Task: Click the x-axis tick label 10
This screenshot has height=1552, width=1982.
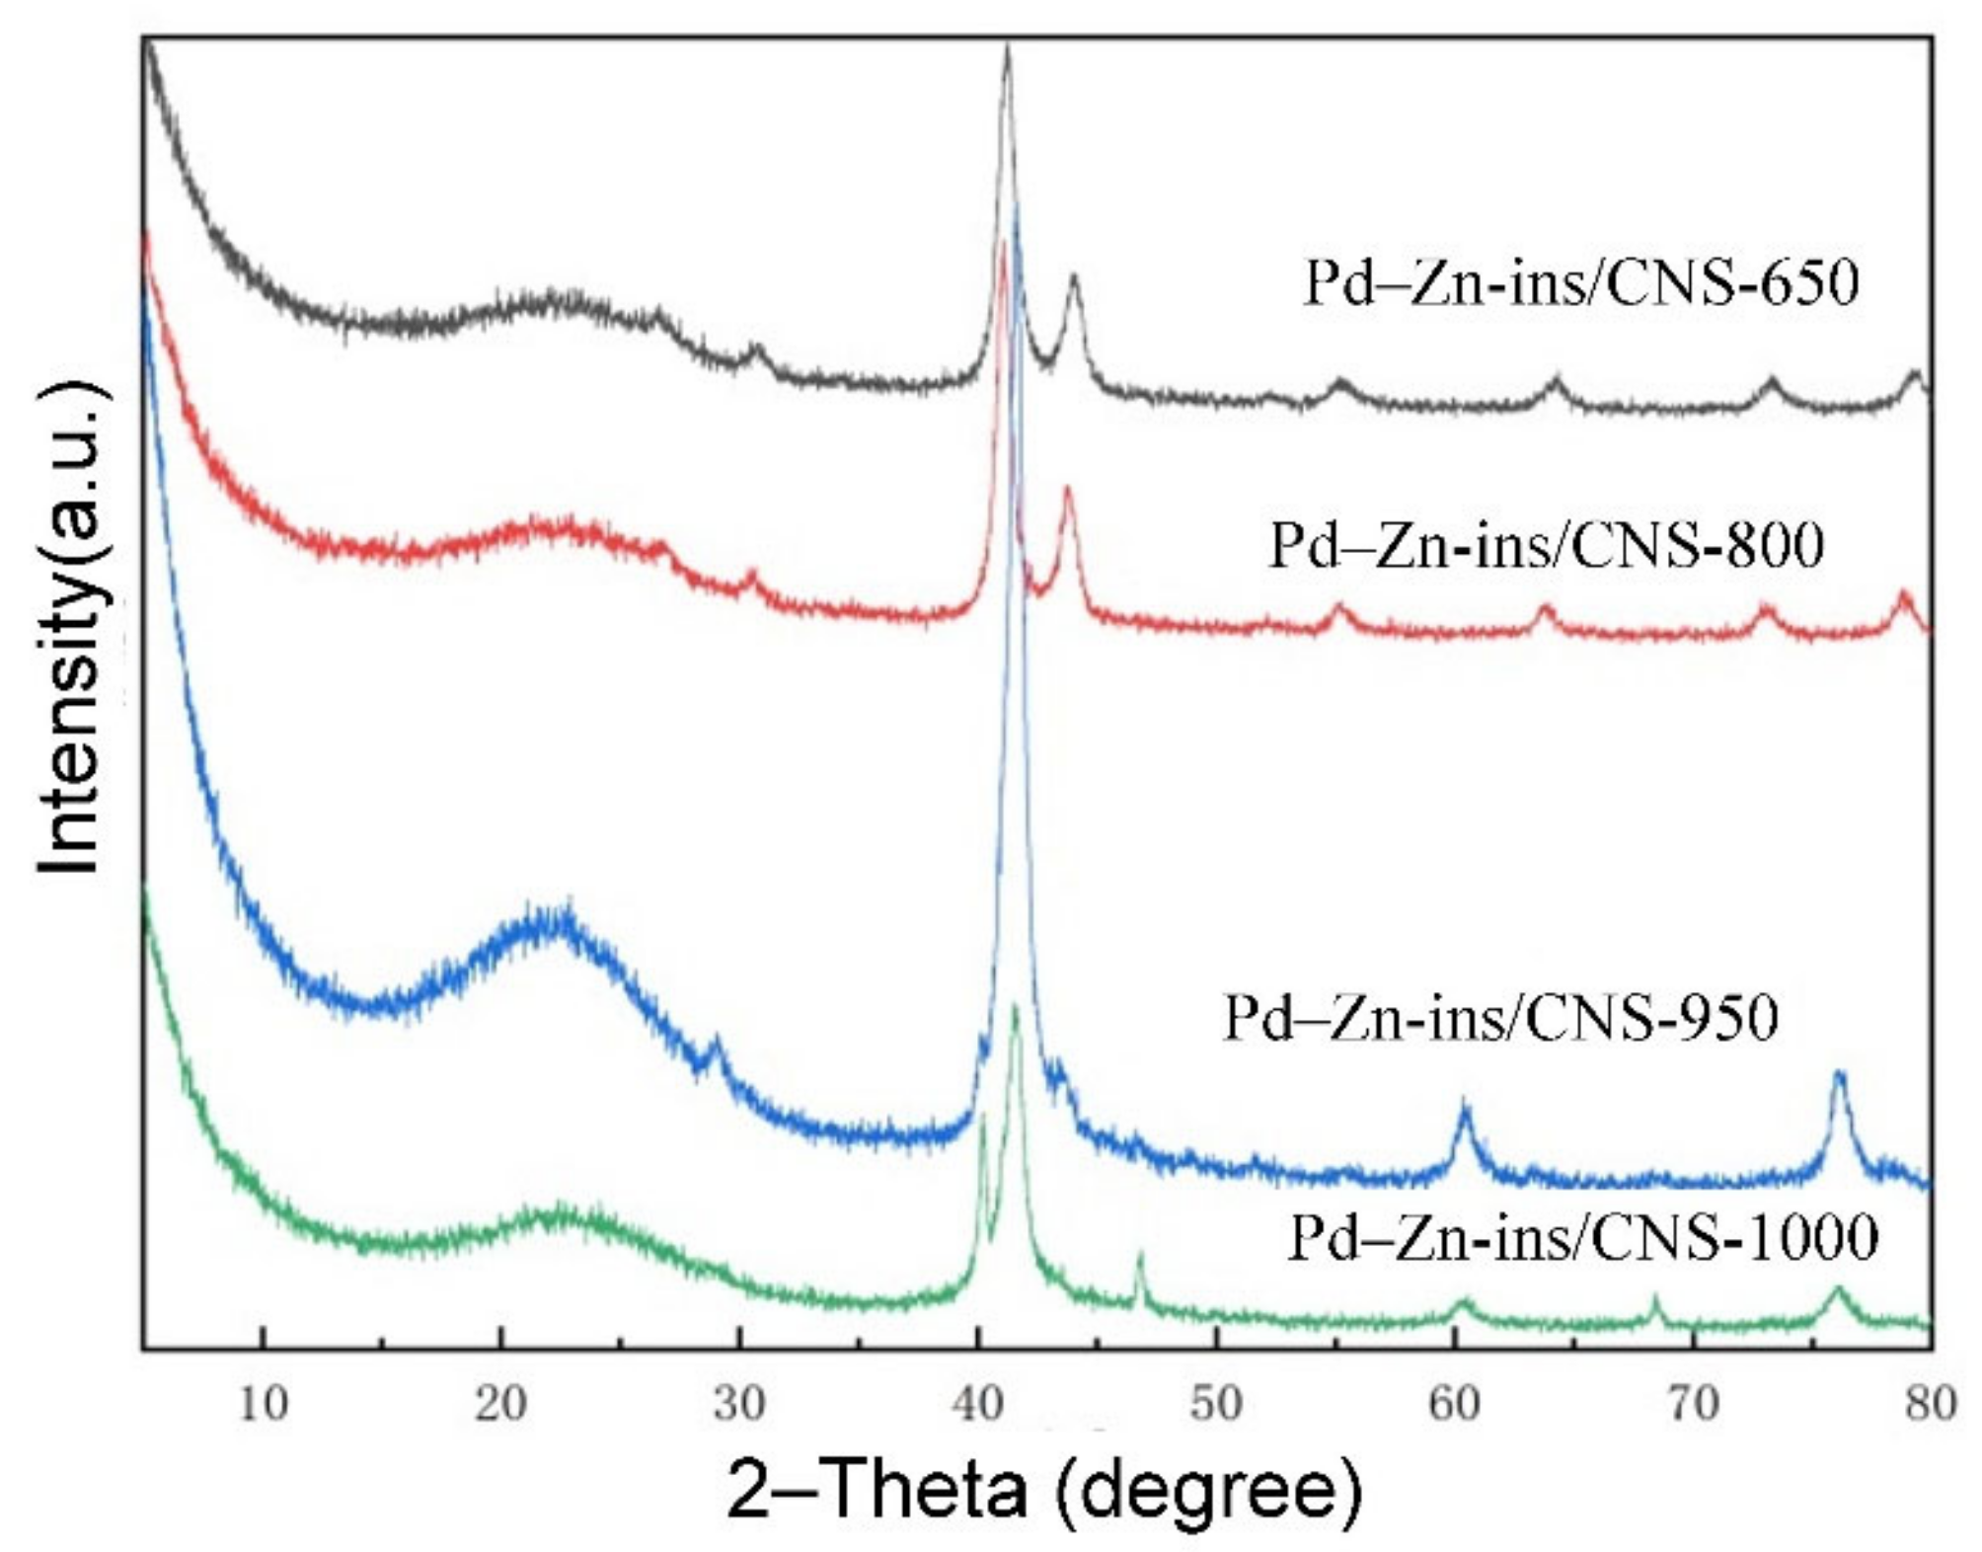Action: pyautogui.click(x=263, y=1404)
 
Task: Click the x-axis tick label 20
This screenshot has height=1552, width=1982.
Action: pyautogui.click(x=500, y=1404)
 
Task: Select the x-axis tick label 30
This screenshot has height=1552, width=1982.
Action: pyautogui.click(x=739, y=1404)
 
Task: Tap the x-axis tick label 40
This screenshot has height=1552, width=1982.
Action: pyautogui.click(x=978, y=1404)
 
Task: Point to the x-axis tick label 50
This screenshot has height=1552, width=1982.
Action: pyautogui.click(x=1216, y=1404)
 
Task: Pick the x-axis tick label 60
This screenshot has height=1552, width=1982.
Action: pyautogui.click(x=1455, y=1404)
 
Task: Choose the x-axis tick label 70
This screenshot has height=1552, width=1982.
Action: pyautogui.click(x=1694, y=1404)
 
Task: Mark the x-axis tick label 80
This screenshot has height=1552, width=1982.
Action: pyautogui.click(x=1931, y=1404)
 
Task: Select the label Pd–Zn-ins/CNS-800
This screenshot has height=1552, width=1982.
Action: pyautogui.click(x=1547, y=545)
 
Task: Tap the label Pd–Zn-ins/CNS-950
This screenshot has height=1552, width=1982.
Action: pyautogui.click(x=1500, y=1018)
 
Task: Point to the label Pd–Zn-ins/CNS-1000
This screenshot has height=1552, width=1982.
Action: pyautogui.click(x=1583, y=1237)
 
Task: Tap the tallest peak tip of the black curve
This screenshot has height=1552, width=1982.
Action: pyautogui.click(x=1007, y=46)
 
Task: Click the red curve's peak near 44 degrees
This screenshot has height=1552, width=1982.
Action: pyautogui.click(x=1067, y=488)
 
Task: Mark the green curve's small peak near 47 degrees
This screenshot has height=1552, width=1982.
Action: pyautogui.click(x=1140, y=1255)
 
